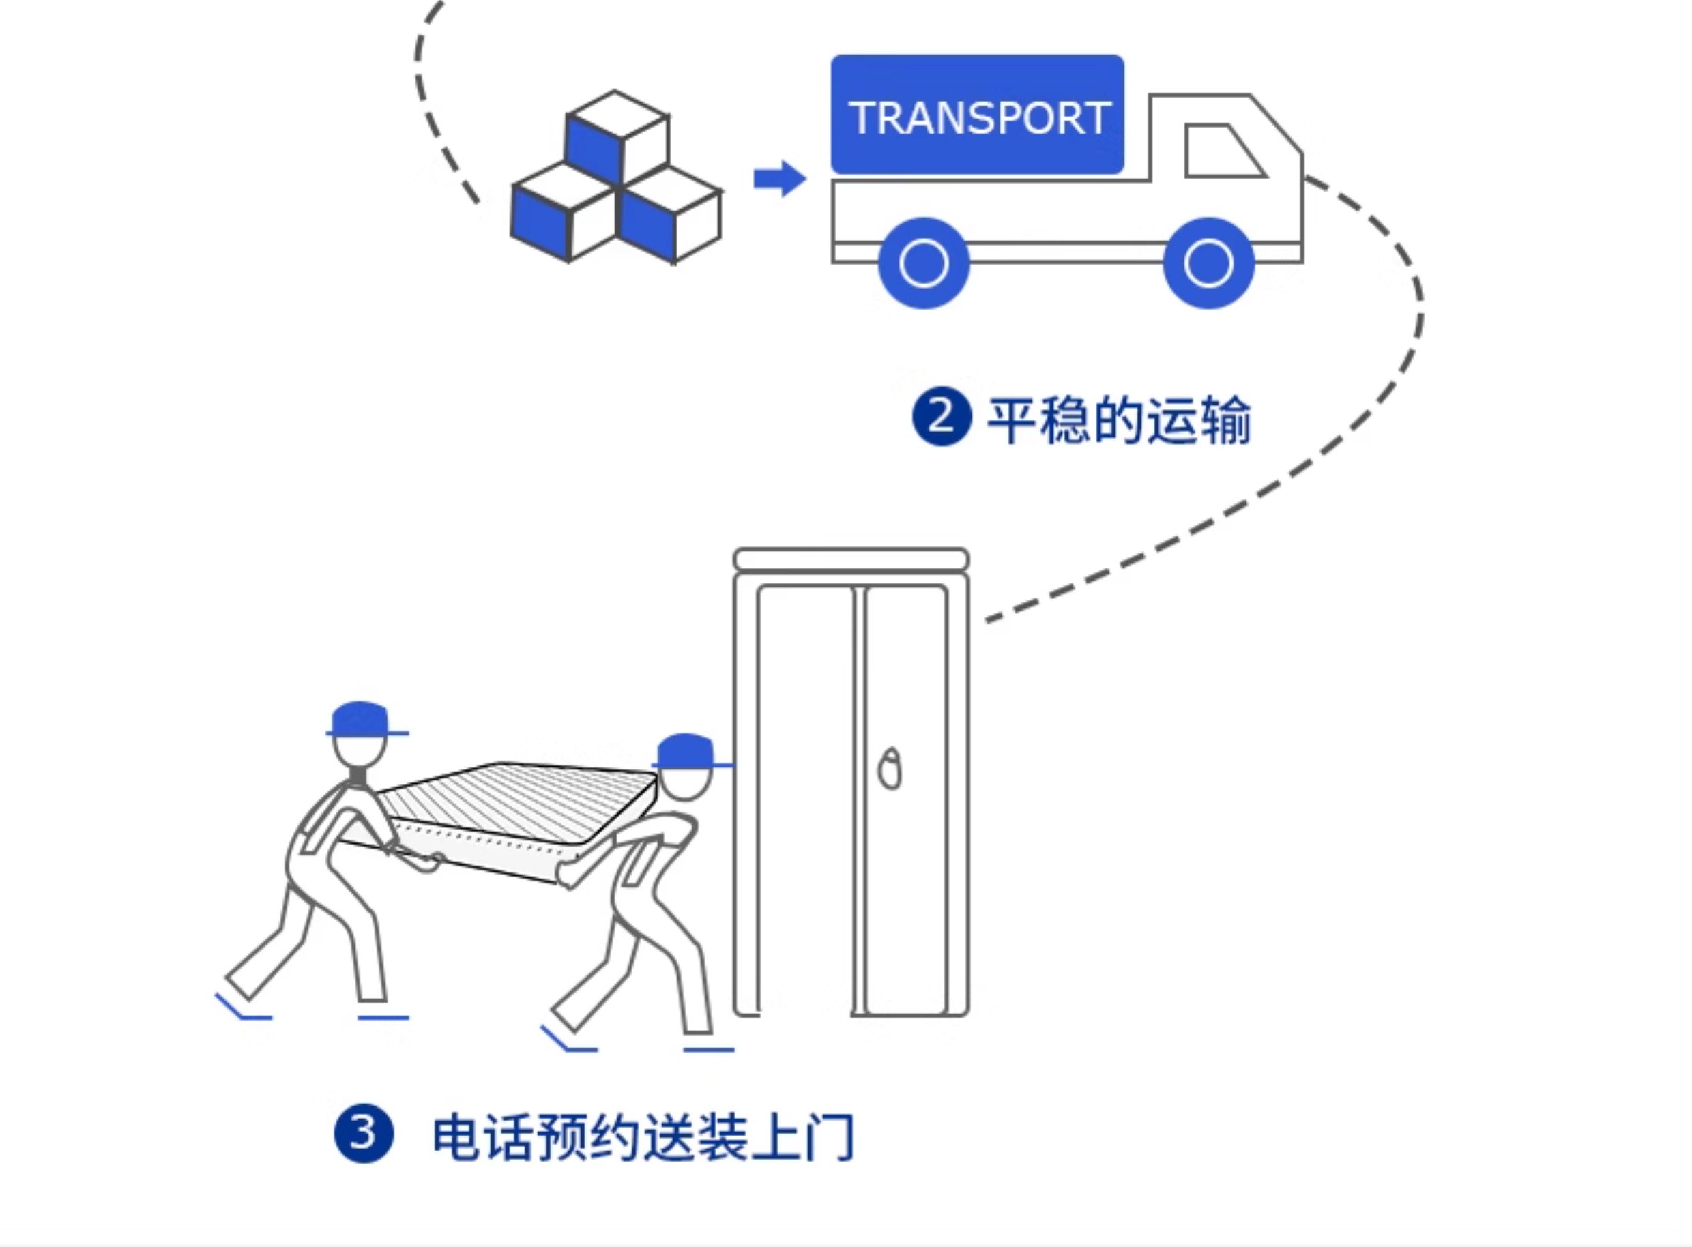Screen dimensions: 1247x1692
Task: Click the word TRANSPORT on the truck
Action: (978, 119)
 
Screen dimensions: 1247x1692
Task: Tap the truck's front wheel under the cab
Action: (1208, 263)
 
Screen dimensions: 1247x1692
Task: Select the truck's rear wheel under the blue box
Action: (923, 263)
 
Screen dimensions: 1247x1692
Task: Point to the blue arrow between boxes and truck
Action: (779, 179)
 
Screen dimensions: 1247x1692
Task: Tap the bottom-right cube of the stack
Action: (669, 215)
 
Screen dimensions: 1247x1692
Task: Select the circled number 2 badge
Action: (941, 417)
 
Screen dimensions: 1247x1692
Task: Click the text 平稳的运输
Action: (1119, 420)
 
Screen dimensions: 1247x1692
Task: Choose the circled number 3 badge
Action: (363, 1134)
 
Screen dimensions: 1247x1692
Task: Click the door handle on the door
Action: (890, 770)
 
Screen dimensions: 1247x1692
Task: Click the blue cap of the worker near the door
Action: (686, 750)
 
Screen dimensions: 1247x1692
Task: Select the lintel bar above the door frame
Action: (851, 559)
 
